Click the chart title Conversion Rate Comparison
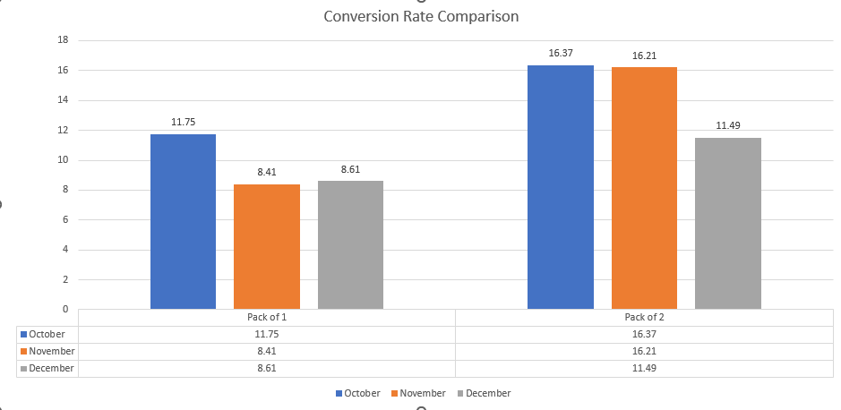[420, 16]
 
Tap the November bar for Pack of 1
[267, 246]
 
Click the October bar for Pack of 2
[561, 187]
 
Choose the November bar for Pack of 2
[644, 188]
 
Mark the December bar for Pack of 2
[727, 223]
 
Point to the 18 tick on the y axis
[63, 40]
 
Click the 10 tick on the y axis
[63, 160]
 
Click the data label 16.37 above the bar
[561, 54]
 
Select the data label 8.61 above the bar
[350, 169]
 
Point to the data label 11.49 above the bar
[727, 126]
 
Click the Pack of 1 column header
[267, 318]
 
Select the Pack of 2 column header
[644, 318]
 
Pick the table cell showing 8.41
[267, 351]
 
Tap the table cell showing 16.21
[644, 351]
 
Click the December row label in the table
[51, 368]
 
